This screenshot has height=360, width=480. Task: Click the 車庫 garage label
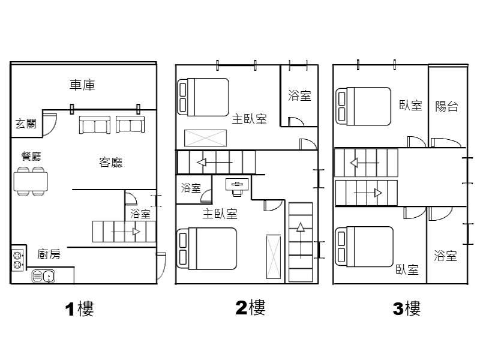point(82,85)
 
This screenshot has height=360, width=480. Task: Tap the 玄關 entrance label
point(26,124)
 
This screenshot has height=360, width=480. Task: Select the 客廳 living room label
point(110,162)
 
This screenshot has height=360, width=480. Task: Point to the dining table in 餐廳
point(31,182)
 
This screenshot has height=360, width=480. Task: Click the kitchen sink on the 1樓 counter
point(43,277)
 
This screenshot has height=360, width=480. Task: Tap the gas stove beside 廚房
point(17,260)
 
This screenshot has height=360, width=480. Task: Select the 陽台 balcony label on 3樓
point(446,106)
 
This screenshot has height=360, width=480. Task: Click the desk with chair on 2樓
point(237,187)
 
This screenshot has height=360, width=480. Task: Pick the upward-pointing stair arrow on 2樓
point(301,241)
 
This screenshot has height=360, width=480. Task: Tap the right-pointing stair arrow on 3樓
point(368,193)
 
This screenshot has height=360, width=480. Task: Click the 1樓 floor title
point(79,309)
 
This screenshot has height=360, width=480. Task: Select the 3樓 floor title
point(407,308)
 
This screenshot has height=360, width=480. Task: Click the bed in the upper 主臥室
point(203,97)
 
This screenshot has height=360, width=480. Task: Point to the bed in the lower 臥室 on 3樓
point(364,247)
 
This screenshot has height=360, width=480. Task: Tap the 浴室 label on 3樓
point(445,256)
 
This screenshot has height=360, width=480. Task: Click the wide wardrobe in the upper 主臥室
point(205,139)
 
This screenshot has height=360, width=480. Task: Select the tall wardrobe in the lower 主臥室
point(274,257)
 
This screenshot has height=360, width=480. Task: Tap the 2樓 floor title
point(250,308)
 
